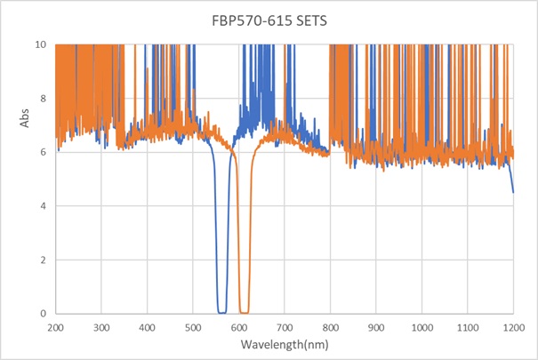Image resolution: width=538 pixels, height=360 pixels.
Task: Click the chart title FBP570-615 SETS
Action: click(269, 20)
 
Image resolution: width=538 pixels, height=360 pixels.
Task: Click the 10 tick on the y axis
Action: click(40, 44)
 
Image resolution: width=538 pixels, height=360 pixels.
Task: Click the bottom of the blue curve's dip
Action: click(221, 312)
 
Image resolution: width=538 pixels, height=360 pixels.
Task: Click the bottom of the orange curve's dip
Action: click(244, 312)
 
